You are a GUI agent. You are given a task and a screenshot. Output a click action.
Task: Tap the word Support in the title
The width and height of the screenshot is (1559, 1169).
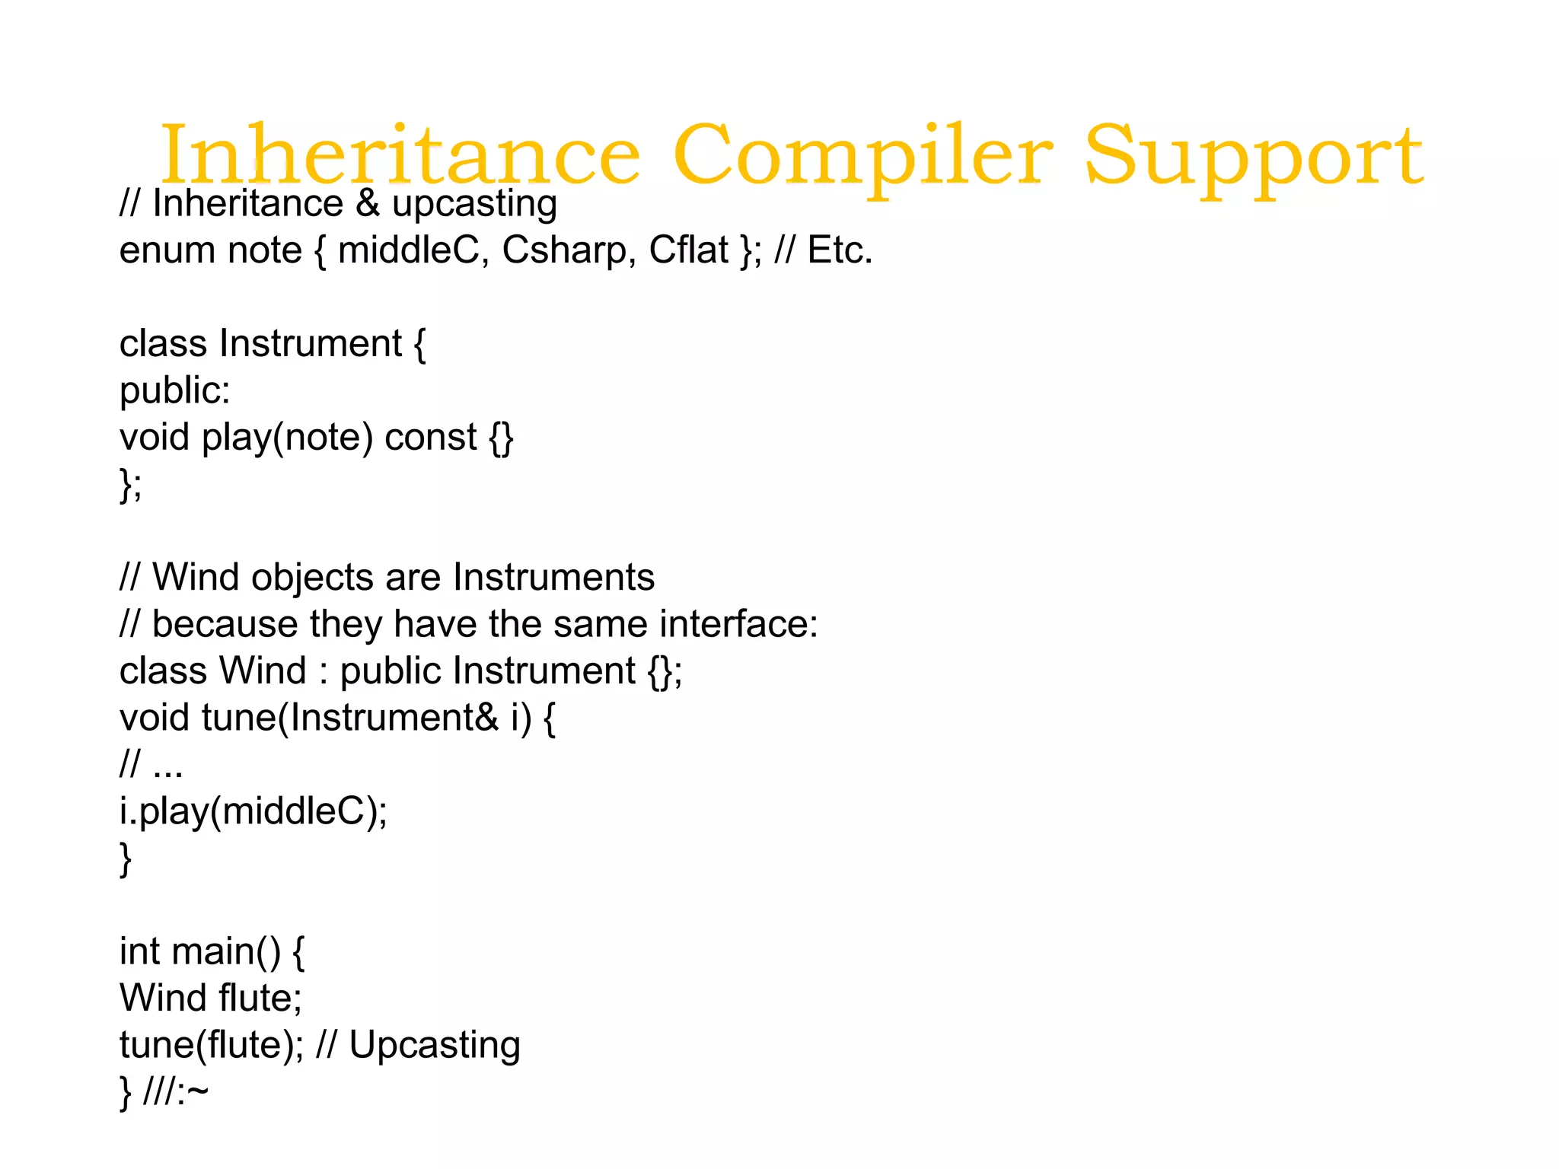coord(1253,156)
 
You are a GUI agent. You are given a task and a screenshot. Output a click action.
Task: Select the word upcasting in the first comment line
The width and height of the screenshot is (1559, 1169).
coord(474,204)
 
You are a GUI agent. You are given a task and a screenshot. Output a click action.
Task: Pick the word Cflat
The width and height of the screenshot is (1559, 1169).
coord(688,250)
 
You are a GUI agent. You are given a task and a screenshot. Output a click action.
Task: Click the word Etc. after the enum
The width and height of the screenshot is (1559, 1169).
coord(840,250)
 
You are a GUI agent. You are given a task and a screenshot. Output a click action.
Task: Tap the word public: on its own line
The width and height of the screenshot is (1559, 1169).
coord(174,391)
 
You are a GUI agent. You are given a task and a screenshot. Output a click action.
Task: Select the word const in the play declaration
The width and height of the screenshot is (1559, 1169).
coord(431,438)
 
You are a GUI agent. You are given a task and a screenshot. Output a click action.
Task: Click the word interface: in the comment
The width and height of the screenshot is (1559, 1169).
coord(738,625)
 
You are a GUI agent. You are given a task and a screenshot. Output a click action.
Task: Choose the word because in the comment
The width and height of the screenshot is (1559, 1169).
coord(225,625)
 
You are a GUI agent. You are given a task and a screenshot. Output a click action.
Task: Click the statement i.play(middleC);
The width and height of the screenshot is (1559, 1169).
coord(253,812)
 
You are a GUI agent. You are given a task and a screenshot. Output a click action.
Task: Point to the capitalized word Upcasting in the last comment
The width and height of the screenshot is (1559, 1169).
coord(435,1046)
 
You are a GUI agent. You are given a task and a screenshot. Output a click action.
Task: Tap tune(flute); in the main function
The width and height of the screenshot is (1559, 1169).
coord(212,1046)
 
